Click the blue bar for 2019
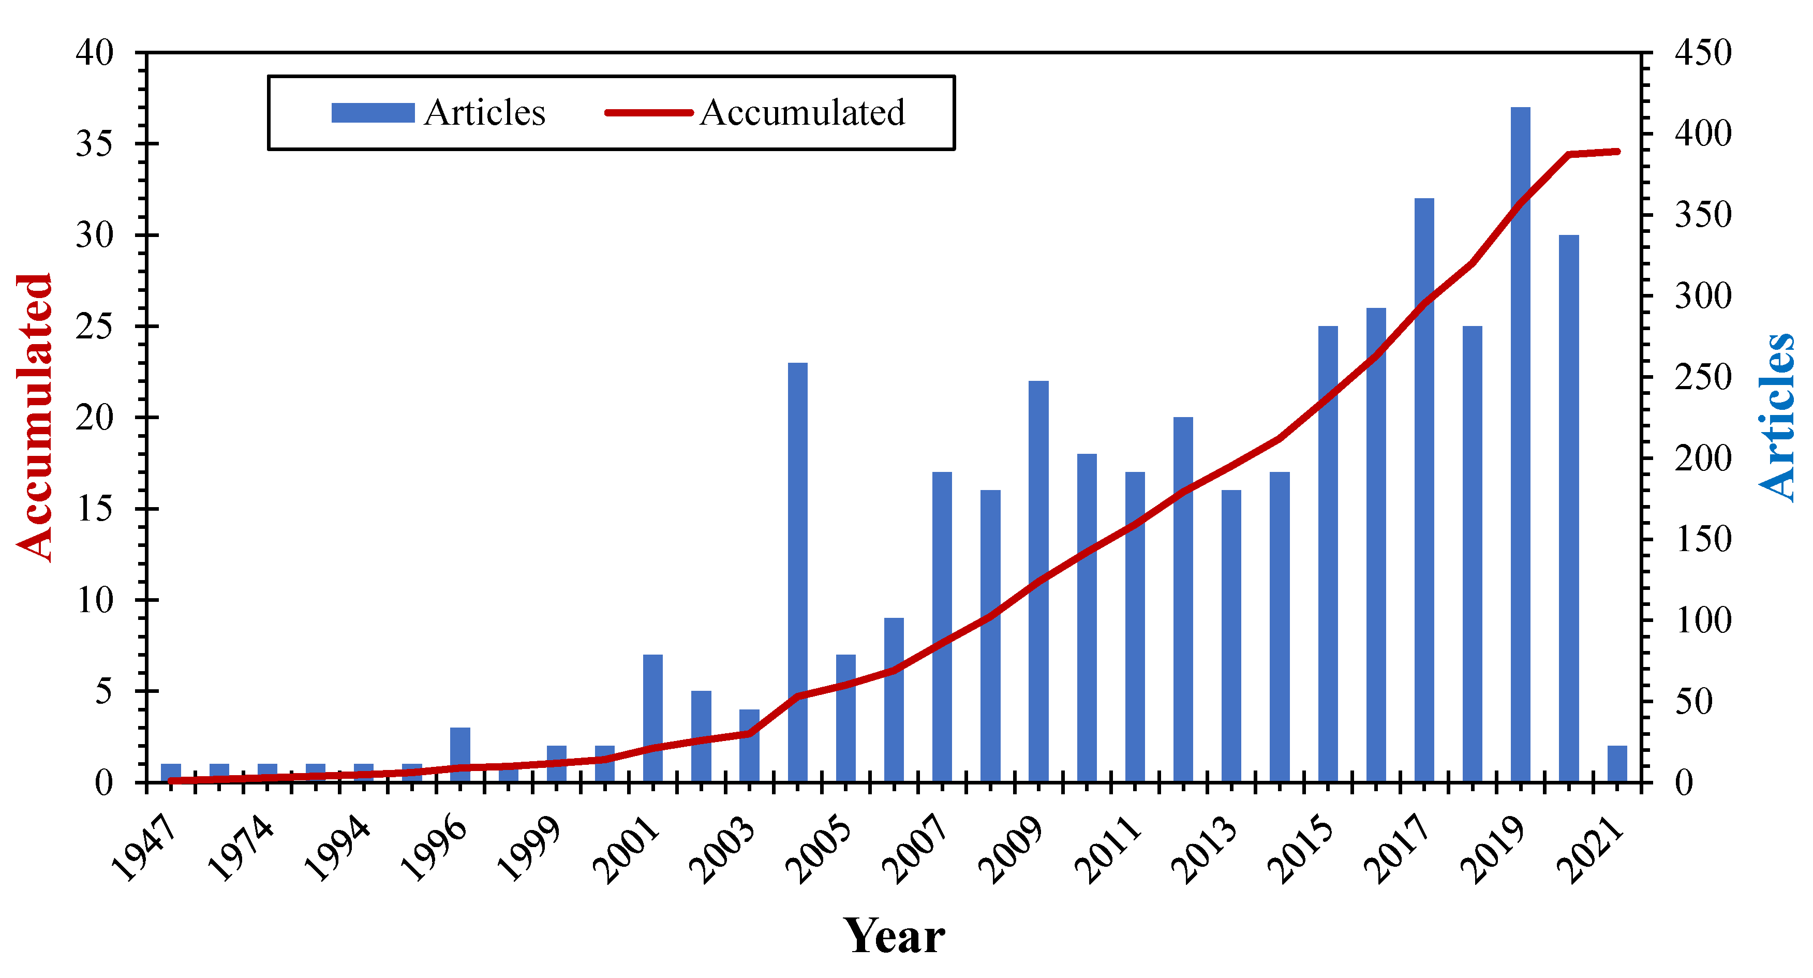pos(1520,443)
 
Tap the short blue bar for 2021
pos(1616,763)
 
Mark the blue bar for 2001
pos(652,718)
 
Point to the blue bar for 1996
pos(459,754)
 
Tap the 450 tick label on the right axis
pos(1702,53)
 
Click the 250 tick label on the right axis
pos(1702,377)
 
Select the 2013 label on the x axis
pos(1204,849)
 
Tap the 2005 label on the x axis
pos(819,849)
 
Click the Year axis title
pos(894,937)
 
